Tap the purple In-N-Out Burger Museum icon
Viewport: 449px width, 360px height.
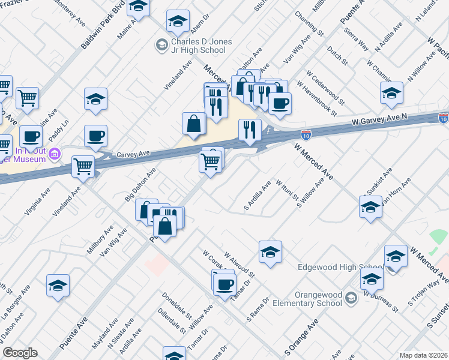pos(55,154)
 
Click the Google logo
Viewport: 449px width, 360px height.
pos(20,353)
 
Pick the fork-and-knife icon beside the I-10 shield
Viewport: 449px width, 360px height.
pos(250,129)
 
